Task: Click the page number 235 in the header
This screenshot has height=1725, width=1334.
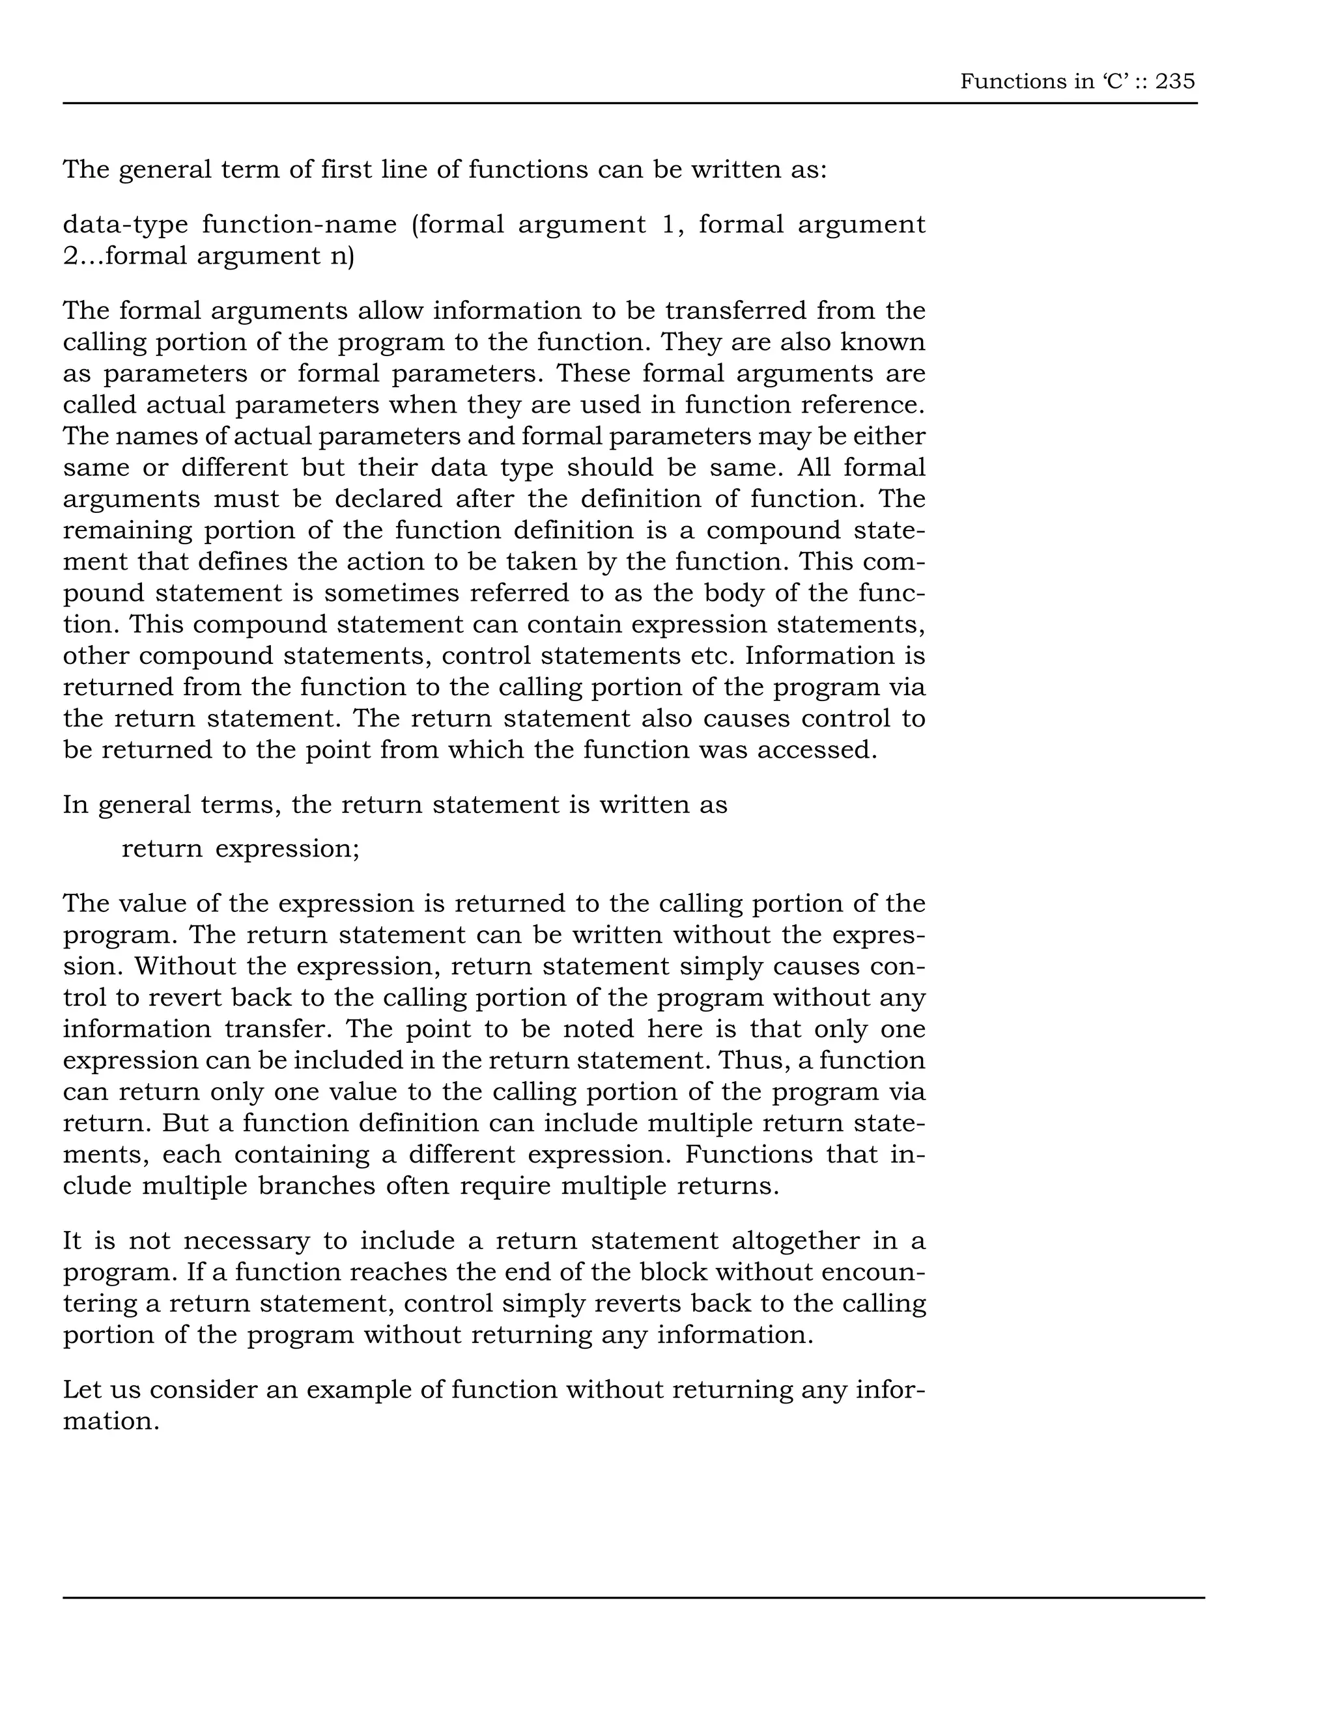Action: [x=1174, y=81]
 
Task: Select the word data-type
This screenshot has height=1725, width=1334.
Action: [x=126, y=225]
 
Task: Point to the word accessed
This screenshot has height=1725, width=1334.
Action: [x=817, y=749]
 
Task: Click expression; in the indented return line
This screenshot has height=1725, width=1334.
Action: [x=288, y=849]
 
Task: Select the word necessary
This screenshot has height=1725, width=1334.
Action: [x=247, y=1241]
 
